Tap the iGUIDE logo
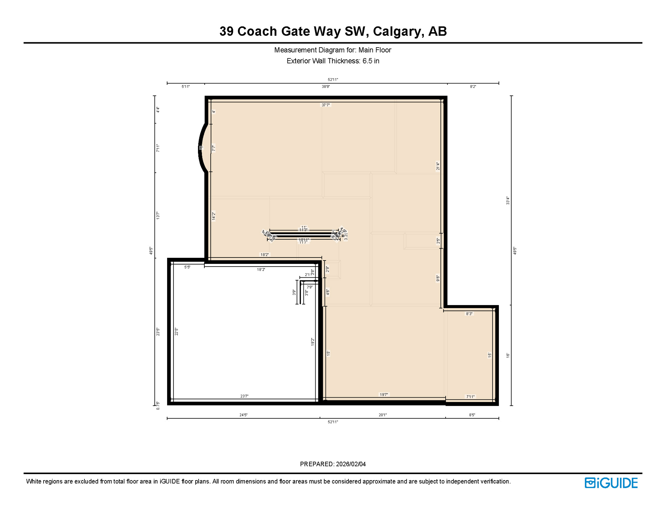[611, 483]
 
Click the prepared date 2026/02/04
[351, 464]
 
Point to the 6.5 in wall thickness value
[371, 61]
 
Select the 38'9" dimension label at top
[326, 87]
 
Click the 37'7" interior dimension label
[326, 105]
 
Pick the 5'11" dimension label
[186, 87]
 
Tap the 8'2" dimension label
[473, 87]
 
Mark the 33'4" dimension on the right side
[508, 201]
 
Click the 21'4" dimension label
[438, 166]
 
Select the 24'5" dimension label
[243, 415]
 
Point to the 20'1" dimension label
[383, 415]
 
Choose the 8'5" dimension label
[472, 415]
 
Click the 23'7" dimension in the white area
[244, 396]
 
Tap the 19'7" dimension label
[384, 395]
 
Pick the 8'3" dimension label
[469, 314]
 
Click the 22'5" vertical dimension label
[177, 332]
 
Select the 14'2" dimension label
[213, 216]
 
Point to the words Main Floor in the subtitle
[375, 50]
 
